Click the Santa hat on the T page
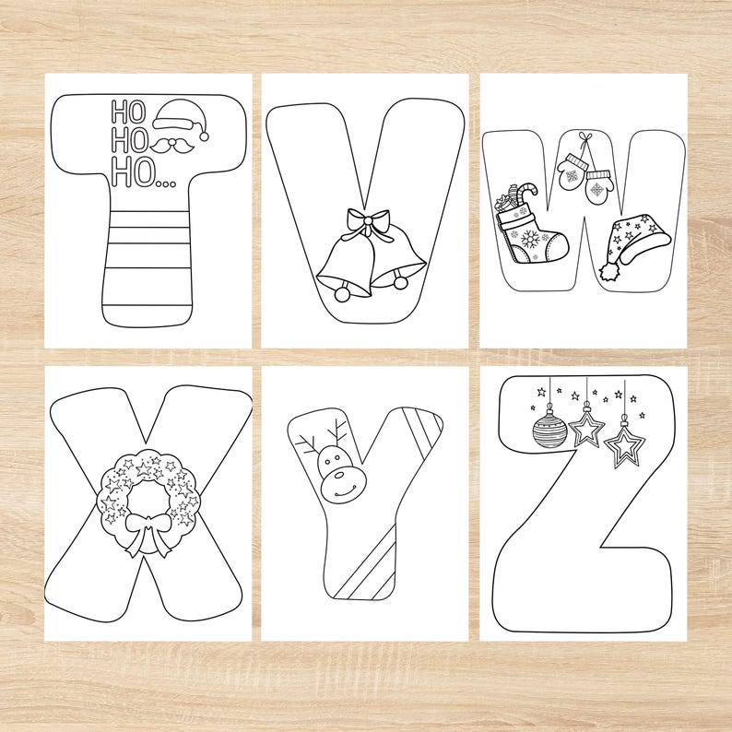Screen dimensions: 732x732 point(180,120)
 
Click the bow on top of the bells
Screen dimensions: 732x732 point(367,222)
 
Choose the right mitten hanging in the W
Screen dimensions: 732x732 point(599,187)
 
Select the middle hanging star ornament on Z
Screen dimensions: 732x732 point(586,430)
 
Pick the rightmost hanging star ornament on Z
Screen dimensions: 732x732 point(626,446)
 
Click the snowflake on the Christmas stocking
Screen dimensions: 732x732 point(532,239)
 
